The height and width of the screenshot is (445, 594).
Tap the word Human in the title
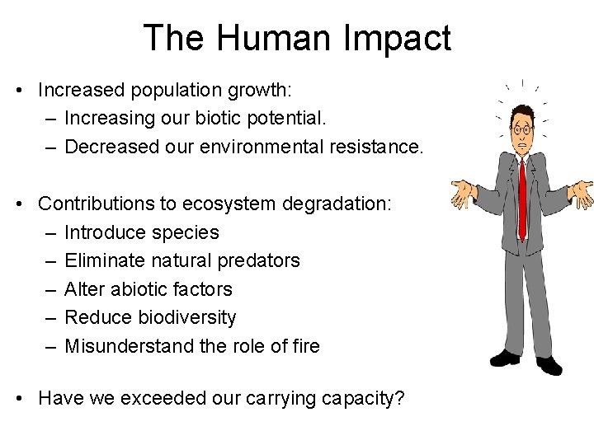[x=261, y=38]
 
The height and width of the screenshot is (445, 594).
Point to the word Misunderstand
[x=130, y=346]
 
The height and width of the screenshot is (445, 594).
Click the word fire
[x=305, y=346]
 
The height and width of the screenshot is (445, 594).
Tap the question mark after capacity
[x=399, y=398]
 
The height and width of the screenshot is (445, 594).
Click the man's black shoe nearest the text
[x=505, y=357]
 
